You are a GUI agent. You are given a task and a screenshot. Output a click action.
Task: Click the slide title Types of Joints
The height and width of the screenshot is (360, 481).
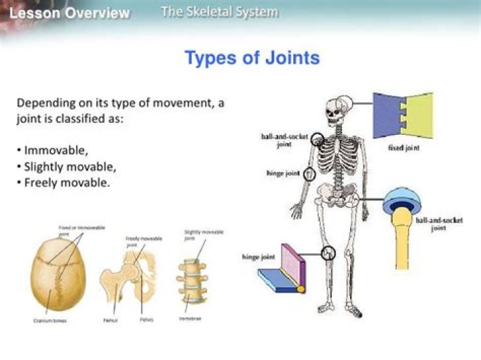(252, 58)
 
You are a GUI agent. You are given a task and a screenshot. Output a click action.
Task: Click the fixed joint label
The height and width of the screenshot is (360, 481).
(404, 148)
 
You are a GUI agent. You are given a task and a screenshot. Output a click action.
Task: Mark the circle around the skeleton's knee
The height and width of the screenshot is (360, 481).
(327, 253)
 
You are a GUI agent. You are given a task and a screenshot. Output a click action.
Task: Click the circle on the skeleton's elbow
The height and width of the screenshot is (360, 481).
(309, 174)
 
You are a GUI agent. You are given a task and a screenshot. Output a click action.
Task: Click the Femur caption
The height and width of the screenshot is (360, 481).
(112, 320)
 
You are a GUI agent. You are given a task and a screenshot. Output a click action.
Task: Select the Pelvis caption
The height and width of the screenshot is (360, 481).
(146, 320)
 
